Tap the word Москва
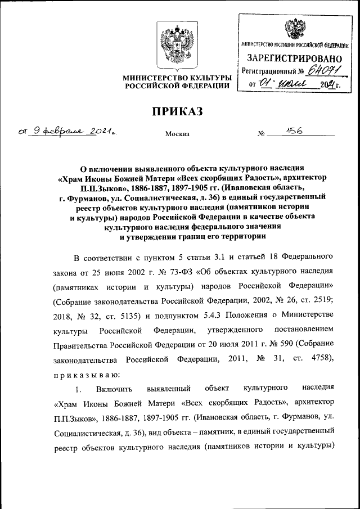[x=177, y=134]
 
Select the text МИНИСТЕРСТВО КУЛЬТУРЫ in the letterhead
[x=178, y=77]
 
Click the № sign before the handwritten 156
[x=260, y=134]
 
